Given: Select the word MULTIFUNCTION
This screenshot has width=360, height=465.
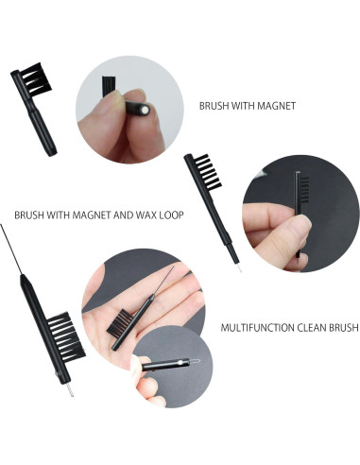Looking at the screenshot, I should point(259,328).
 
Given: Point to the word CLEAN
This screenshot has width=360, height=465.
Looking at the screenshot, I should point(312,328).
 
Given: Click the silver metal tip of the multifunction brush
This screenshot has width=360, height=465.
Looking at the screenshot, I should point(69,387).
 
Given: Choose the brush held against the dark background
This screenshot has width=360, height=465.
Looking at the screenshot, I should point(297,213).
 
